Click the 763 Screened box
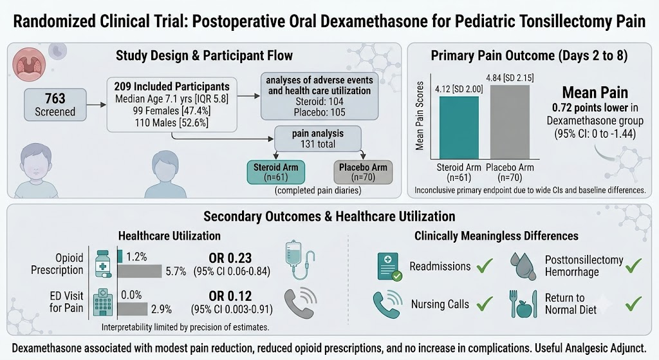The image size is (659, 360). pyautogui.click(x=55, y=105)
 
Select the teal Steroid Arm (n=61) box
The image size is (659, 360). pyautogui.click(x=275, y=172)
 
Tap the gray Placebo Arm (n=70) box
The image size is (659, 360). pyautogui.click(x=363, y=172)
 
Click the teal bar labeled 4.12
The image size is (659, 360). pyautogui.click(x=459, y=128)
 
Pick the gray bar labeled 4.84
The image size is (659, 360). pyautogui.click(x=510, y=122)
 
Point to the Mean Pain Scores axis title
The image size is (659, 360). pyautogui.click(x=420, y=116)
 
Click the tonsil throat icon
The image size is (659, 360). pyautogui.click(x=30, y=64)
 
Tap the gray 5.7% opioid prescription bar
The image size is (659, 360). pyautogui.click(x=140, y=271)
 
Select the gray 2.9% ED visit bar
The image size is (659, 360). pyautogui.click(x=133, y=309)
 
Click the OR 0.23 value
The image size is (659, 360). pyautogui.click(x=230, y=258)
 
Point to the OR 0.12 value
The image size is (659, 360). pyautogui.click(x=230, y=296)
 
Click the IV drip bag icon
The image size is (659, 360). pyautogui.click(x=299, y=260)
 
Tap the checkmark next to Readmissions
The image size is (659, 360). pyautogui.click(x=485, y=266)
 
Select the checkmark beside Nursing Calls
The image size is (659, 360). pyautogui.click(x=485, y=303)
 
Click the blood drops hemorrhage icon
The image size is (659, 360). pyautogui.click(x=524, y=266)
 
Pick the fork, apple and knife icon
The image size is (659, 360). pyautogui.click(x=523, y=303)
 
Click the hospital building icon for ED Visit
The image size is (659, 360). pyautogui.click(x=103, y=303)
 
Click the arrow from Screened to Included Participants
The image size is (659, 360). pyautogui.click(x=97, y=105)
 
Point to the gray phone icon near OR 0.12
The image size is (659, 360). pyautogui.click(x=301, y=303)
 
